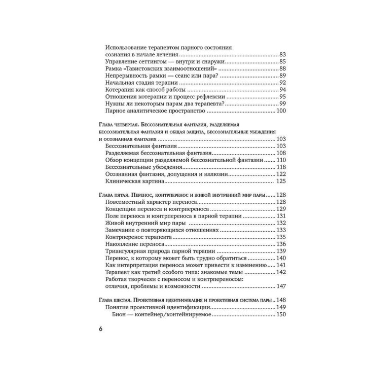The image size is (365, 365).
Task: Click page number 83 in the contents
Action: (x=283, y=54)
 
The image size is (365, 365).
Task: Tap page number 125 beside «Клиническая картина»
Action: (x=282, y=181)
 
